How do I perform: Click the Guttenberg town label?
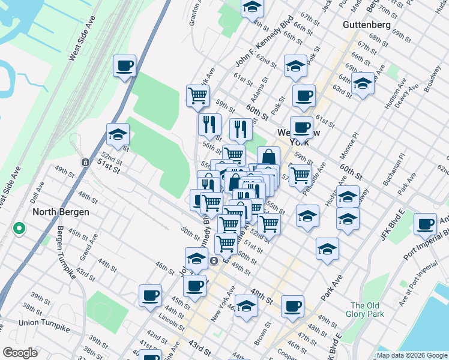click(367, 25)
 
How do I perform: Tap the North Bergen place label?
click(61, 212)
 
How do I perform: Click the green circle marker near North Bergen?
click(19, 228)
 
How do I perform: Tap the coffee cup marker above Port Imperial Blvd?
click(426, 224)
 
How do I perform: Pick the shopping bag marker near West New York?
click(269, 158)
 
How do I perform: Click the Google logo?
click(20, 353)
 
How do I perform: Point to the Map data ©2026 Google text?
click(412, 355)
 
